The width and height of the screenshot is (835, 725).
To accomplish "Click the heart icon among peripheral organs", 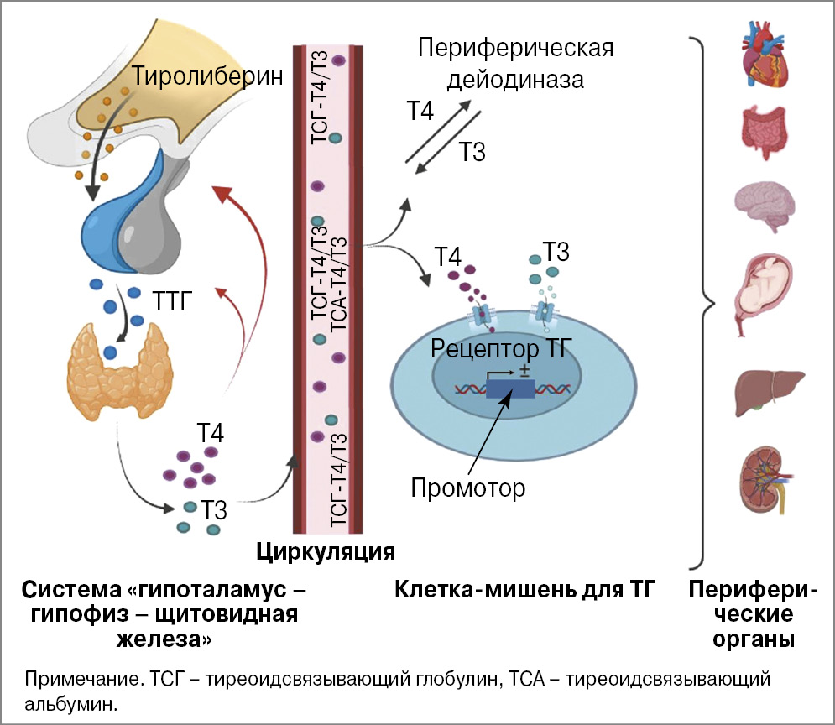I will coord(767,56).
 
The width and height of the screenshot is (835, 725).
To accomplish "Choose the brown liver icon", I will coord(765,389).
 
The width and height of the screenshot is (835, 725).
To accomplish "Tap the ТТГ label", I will coord(175,300).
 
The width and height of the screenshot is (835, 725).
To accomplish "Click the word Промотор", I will coord(468,487).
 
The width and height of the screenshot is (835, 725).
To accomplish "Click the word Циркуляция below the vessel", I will coord(325,551).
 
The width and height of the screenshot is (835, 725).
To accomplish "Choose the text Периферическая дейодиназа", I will coord(515,64).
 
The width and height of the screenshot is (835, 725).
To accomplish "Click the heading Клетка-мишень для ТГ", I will coord(524,591).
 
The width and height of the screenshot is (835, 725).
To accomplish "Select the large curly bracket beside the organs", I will coord(703,302).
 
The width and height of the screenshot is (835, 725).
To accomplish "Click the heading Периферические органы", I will coord(754,615).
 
